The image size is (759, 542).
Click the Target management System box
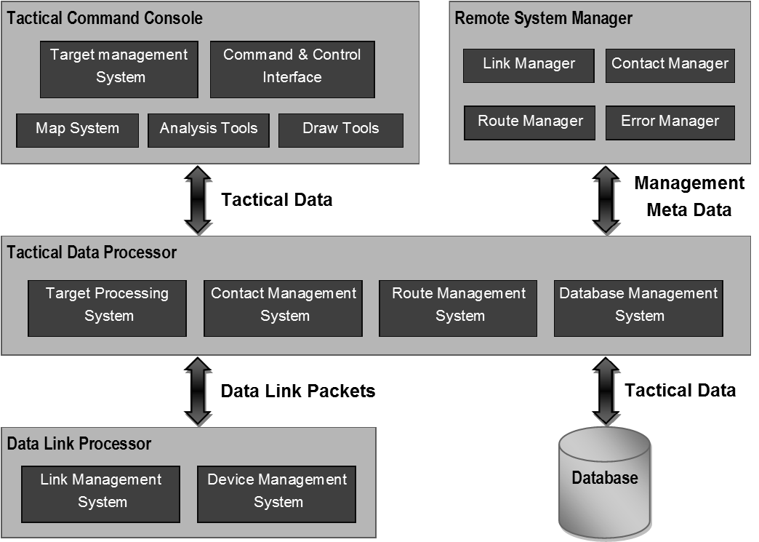point(119,70)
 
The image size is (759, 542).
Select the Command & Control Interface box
point(292,70)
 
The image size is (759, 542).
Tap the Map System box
point(77,130)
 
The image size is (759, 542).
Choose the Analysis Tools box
point(209,130)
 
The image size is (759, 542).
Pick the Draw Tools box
point(341,130)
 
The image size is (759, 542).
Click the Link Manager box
point(529,65)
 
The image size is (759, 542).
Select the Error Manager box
point(670,123)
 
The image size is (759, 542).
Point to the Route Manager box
point(530,123)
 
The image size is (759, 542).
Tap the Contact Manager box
point(670,65)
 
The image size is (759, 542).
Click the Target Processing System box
point(107,308)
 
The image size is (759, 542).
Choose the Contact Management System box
point(284,308)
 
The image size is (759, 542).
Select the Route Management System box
point(459,308)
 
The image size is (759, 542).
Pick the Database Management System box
point(639,308)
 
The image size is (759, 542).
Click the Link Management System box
point(101,494)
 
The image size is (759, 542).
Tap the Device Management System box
point(277,494)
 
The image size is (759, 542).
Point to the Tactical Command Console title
point(105,17)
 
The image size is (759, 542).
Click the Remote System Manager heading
point(543,18)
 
